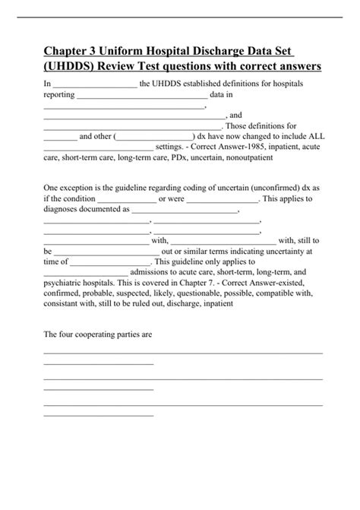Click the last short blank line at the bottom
click(99, 415)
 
